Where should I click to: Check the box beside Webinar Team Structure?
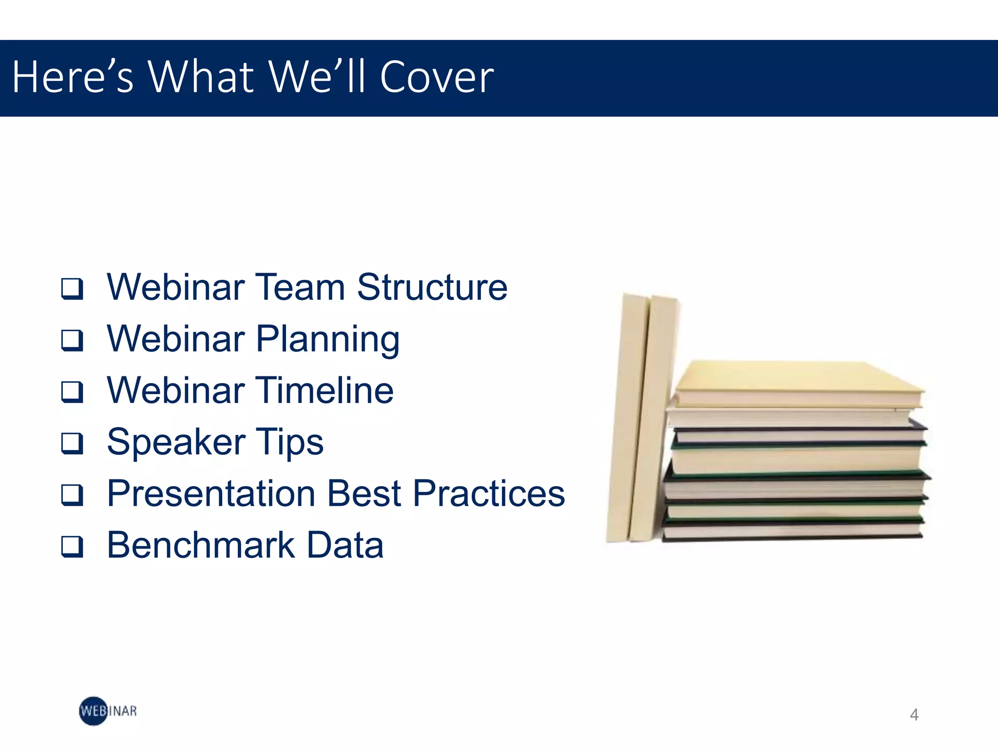tap(72, 288)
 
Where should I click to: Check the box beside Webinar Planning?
tap(72, 340)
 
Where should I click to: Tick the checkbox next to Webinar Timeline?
tap(72, 392)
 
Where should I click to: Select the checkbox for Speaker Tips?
tap(72, 443)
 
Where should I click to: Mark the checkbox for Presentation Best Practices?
tap(72, 495)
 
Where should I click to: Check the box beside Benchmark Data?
tap(72, 547)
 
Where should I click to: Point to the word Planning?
tap(327, 340)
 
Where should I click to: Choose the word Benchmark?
tap(201, 545)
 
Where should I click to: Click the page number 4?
tap(914, 715)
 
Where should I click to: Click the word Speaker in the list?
tap(175, 442)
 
